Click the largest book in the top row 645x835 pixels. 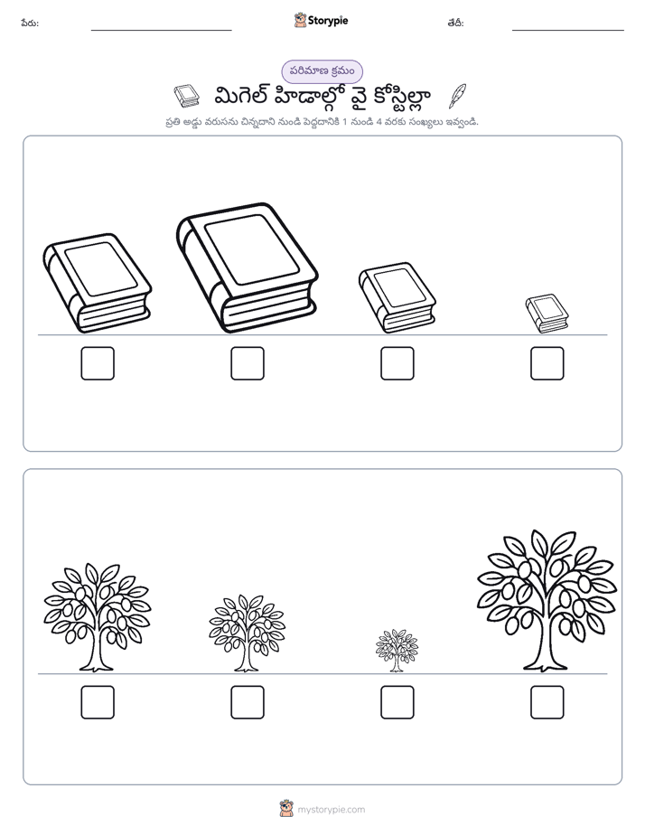(248, 267)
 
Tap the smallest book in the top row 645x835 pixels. (547, 314)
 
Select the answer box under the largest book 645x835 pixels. (248, 363)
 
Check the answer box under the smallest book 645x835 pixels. (547, 363)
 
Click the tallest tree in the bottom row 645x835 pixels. (547, 600)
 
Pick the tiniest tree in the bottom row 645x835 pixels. (397, 651)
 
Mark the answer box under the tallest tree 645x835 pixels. (547, 702)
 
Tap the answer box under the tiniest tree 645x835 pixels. (397, 702)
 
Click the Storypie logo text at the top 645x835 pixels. (328, 21)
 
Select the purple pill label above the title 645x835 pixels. (322, 71)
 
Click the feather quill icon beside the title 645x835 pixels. (457, 96)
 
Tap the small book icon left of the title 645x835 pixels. (186, 96)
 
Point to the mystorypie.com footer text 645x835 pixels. (331, 810)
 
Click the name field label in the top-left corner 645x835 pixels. (30, 23)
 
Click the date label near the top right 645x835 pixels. (455, 23)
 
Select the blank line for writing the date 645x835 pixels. (568, 31)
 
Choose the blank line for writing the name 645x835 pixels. (161, 31)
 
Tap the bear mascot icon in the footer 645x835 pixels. (286, 809)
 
